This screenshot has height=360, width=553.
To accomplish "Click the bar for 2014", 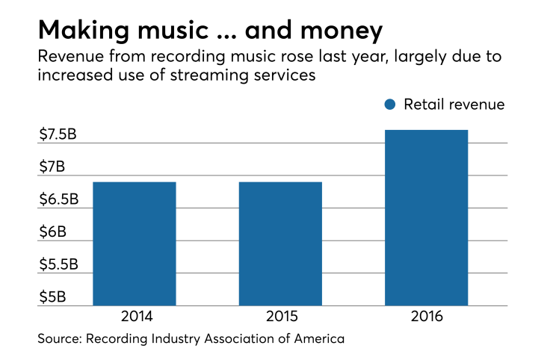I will pos(134,243).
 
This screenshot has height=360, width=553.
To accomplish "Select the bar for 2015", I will pos(280,243).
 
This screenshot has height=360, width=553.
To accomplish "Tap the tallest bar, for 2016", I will pos(426,218).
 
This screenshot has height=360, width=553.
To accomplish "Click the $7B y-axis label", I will pos(53,167).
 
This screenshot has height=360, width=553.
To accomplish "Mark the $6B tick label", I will pos(53,232).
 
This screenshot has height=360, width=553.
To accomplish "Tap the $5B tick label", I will pos(53,297).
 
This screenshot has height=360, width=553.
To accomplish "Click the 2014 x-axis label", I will pos(134,316).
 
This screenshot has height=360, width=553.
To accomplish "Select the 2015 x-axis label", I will pos(280,316).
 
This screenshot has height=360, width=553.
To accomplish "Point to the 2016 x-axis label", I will pos(426,316).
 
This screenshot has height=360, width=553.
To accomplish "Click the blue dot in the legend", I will pos(389,105).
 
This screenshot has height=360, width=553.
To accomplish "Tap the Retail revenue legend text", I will pos(454,105).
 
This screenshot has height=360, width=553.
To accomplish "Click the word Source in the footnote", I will pos(61,339).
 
